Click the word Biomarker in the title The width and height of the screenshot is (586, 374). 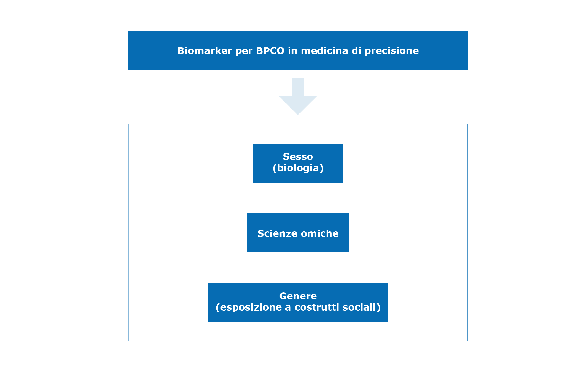click(204, 51)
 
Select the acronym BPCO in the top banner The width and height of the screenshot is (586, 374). click(270, 51)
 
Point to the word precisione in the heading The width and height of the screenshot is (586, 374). click(392, 51)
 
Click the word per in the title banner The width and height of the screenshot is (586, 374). click(244, 51)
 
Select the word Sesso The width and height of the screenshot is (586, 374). click(298, 157)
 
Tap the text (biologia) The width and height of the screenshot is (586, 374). click(298, 168)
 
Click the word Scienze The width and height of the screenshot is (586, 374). click(277, 233)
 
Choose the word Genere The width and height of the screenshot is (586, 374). click(298, 296)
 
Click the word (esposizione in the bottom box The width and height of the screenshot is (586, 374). click(249, 308)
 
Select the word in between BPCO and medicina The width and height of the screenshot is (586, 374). click(292, 51)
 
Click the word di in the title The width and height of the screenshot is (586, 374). click(356, 51)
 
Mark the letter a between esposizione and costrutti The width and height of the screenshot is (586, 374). click(288, 308)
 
